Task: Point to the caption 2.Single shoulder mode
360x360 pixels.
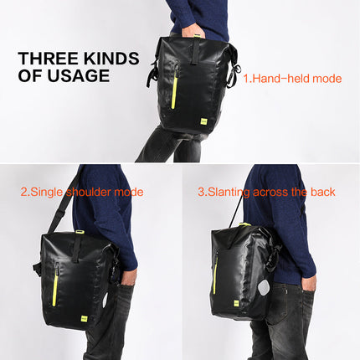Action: click(81, 192)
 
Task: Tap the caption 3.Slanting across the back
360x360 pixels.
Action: click(266, 192)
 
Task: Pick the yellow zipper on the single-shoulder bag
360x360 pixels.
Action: click(57, 281)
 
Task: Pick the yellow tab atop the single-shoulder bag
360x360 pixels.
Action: click(79, 232)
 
